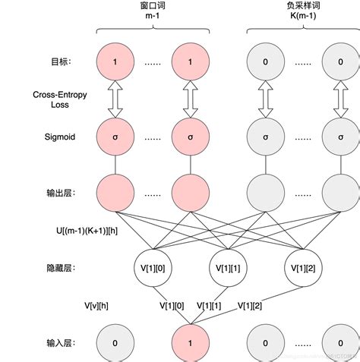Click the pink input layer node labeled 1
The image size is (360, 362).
point(190,343)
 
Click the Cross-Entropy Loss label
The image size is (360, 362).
point(61,100)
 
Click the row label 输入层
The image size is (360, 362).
point(65,343)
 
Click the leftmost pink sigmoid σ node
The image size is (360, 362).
point(115,138)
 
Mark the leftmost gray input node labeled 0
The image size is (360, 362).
point(115,343)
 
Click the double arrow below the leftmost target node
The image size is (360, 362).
point(115,100)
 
